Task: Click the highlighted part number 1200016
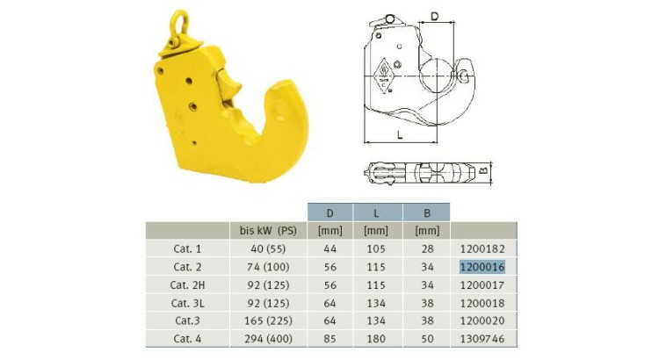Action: click(482, 267)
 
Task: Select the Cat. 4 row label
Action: click(187, 339)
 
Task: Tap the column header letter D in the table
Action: click(329, 213)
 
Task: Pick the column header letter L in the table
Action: click(376, 213)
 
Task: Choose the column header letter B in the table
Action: click(427, 213)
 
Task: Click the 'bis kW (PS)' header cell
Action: click(268, 231)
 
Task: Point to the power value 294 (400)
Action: click(268, 339)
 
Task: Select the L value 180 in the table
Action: click(376, 339)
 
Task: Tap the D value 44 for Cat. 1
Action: click(329, 249)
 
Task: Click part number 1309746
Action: click(482, 339)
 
